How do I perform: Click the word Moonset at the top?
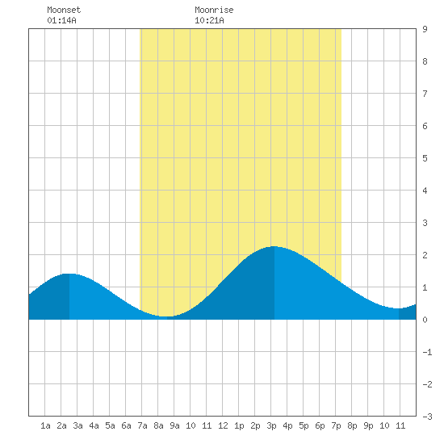coord(64,10)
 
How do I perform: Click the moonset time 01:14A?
coord(61,20)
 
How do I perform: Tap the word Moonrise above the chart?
coord(214,10)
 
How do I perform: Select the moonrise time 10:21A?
coord(209,20)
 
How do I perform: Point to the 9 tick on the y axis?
coord(425,29)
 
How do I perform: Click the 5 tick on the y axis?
coord(425,158)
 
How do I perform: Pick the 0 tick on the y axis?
coord(425,320)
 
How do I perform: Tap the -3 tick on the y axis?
coord(427,417)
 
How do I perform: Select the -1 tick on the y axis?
coord(427,352)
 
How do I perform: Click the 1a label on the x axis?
coord(45,425)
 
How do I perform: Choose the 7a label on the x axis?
coord(142,425)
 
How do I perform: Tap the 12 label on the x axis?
coord(223,425)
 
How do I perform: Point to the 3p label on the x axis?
coord(271,425)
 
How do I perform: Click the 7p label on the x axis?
coord(336,425)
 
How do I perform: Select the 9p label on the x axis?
coord(368,425)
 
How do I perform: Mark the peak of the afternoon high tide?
coord(274,246)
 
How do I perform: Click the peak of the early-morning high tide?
coord(69,274)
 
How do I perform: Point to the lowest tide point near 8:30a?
coord(167,316)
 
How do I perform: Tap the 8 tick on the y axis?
coord(425,61)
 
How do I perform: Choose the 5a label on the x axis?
coord(110,425)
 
